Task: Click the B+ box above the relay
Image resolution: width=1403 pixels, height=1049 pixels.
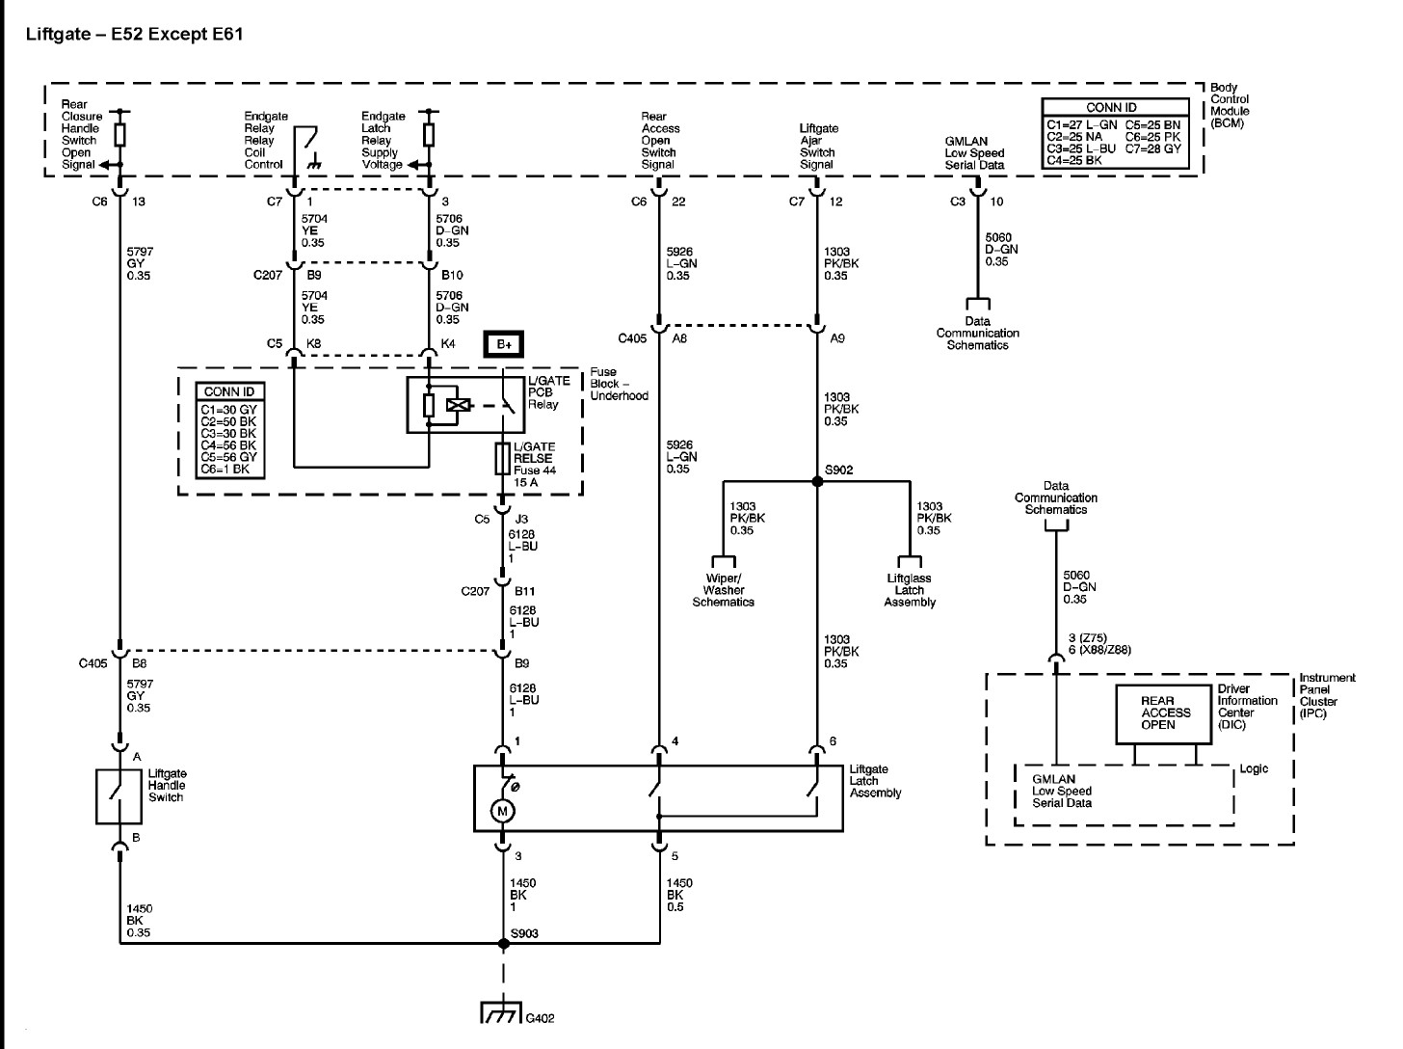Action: tap(504, 344)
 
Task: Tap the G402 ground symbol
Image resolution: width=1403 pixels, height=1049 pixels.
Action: tap(501, 1012)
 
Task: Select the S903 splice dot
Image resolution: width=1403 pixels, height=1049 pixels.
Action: tap(503, 943)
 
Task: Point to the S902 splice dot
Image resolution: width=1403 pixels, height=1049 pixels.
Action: tap(817, 481)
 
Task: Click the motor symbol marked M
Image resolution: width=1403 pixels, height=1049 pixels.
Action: tap(502, 811)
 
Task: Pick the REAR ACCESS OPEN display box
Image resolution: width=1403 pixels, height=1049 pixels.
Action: tap(1163, 714)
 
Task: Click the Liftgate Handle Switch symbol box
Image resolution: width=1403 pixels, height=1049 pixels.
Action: tap(119, 796)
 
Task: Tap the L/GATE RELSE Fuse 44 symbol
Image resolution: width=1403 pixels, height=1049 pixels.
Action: tap(503, 458)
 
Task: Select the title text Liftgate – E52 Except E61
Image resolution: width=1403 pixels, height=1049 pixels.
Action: tap(135, 34)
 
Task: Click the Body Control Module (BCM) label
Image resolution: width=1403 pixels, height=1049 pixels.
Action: tap(1230, 105)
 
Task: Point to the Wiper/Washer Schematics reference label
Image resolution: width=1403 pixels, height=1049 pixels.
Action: tap(723, 590)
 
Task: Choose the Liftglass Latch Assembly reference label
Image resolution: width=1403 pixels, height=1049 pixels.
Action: tap(909, 590)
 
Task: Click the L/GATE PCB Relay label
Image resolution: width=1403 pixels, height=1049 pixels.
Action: tap(548, 392)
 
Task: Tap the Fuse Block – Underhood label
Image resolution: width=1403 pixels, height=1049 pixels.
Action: tap(619, 384)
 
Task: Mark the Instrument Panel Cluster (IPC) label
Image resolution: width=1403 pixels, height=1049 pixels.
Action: tap(1327, 695)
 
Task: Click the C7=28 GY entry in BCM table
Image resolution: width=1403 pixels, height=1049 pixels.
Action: tap(1153, 148)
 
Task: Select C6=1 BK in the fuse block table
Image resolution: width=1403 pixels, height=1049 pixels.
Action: tap(229, 470)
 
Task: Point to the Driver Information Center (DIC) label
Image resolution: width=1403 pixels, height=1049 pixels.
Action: tap(1247, 707)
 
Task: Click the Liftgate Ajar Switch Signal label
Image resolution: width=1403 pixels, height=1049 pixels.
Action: tap(819, 147)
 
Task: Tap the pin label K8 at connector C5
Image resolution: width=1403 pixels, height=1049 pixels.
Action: tap(313, 344)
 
